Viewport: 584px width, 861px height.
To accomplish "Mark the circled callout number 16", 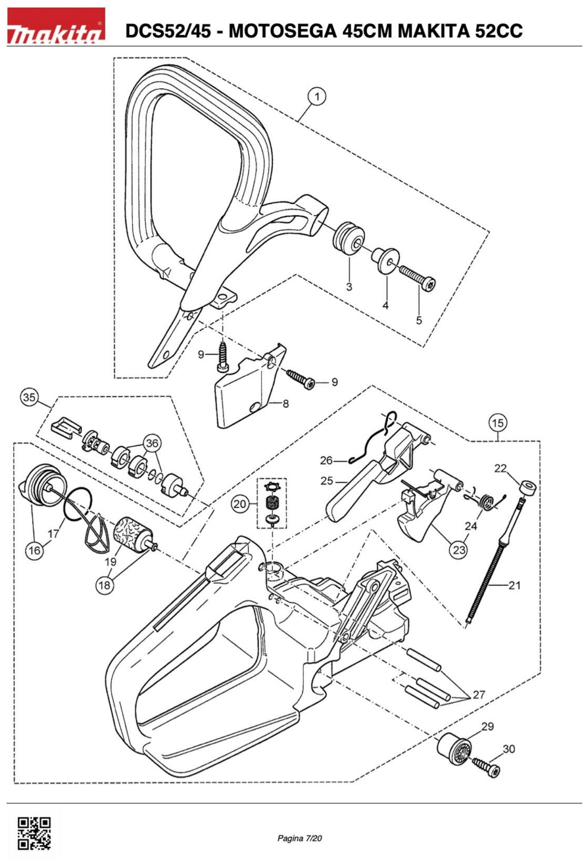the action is (x=34, y=551).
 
